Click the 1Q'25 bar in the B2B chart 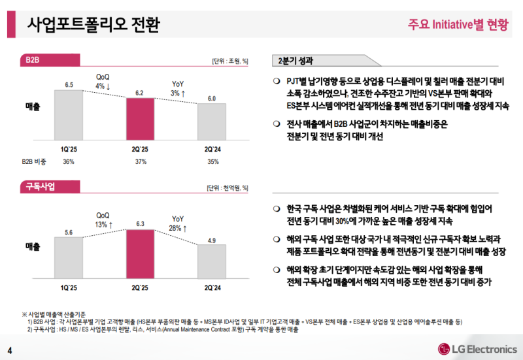pos(69,114)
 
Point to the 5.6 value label pos(69,233)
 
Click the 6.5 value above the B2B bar pos(69,85)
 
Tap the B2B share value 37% pos(140,161)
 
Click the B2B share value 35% pos(212,161)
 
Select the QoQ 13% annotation pos(104,220)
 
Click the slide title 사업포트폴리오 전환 pos(92,24)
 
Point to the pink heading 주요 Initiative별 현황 pos(457,25)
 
